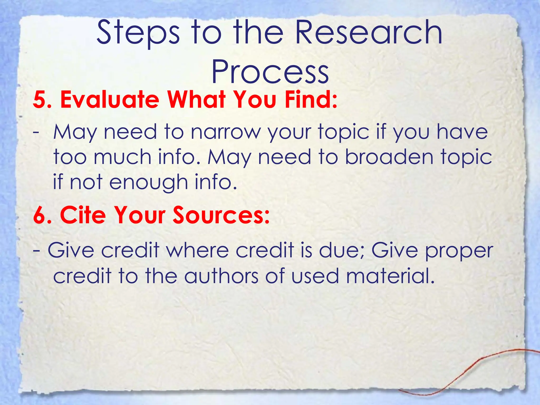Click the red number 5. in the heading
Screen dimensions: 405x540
click(42, 100)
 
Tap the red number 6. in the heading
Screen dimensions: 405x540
click(42, 215)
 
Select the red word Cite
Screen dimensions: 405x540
click(83, 215)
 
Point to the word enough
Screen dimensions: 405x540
click(148, 182)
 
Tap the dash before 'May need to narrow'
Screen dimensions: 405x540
click(36, 132)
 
